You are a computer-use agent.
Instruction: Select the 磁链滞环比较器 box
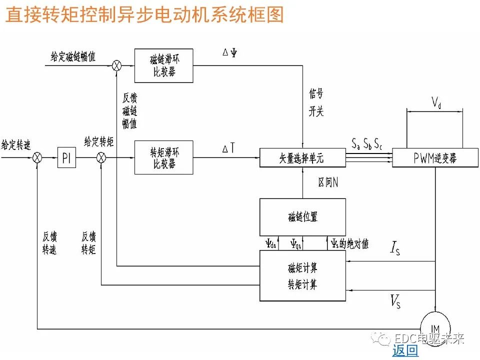pos(163,65)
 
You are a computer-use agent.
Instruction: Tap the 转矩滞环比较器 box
pos(163,157)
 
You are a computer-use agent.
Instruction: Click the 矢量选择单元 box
pos(302,158)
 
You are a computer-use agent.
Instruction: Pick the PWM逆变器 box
pos(435,158)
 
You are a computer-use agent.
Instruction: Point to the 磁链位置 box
pos(302,217)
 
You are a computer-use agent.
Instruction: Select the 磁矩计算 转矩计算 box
pos(302,276)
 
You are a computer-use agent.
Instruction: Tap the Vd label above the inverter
pos(436,103)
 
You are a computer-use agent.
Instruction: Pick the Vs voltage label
pos(395,300)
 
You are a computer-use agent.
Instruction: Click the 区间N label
pos(328,182)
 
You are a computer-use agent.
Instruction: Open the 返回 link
pos(405,350)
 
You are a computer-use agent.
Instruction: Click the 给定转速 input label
pos(16,145)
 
